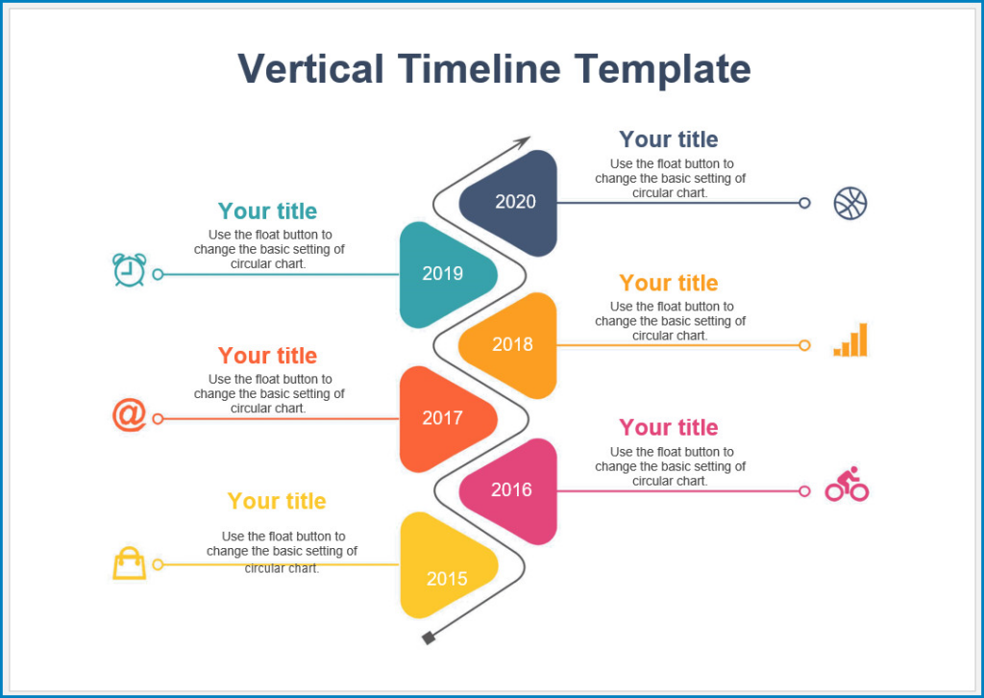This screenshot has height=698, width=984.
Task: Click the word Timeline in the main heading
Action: (479, 69)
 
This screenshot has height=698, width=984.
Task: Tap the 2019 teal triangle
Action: (444, 274)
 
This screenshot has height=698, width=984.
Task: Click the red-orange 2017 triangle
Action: (444, 418)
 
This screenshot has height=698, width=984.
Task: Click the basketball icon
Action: (850, 203)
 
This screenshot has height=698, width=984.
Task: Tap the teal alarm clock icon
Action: (129, 270)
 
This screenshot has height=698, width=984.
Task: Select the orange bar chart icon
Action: (850, 340)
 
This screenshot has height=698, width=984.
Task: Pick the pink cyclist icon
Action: (847, 485)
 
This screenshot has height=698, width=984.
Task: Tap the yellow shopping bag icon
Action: (130, 563)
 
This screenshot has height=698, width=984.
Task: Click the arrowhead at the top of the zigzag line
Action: (522, 142)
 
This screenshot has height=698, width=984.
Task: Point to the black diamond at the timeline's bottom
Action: (429, 637)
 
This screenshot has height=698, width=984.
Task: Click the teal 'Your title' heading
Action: (267, 212)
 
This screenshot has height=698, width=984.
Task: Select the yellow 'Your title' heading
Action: (277, 501)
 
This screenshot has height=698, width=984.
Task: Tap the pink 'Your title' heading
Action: (669, 428)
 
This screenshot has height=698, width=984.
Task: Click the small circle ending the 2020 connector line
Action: (804, 203)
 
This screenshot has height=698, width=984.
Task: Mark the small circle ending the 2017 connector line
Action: (159, 419)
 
